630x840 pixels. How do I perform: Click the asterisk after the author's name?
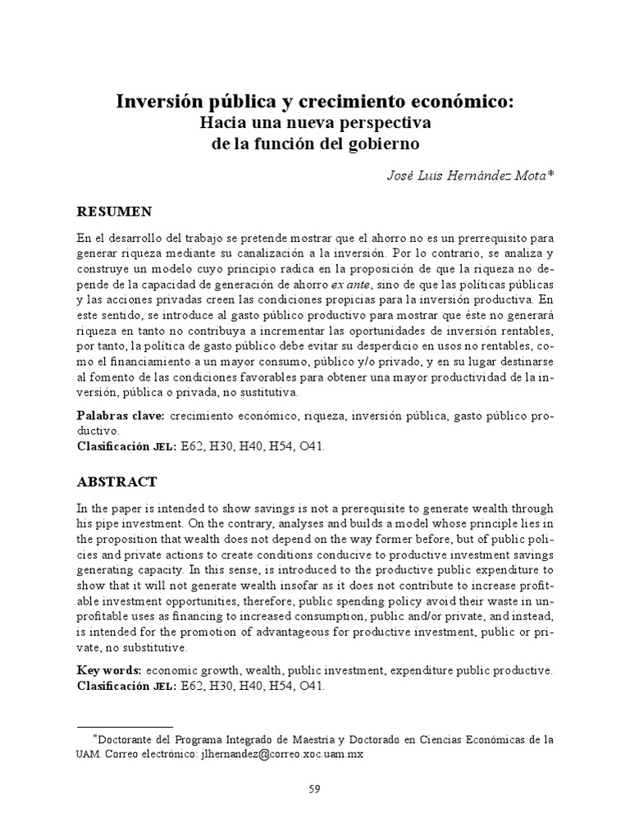point(551,173)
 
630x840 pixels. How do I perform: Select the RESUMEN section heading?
point(114,211)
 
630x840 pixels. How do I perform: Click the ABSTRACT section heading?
point(116,482)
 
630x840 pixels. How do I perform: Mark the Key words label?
point(108,670)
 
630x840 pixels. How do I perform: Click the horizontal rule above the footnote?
point(125,727)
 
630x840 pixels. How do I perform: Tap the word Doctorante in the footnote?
point(125,739)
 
